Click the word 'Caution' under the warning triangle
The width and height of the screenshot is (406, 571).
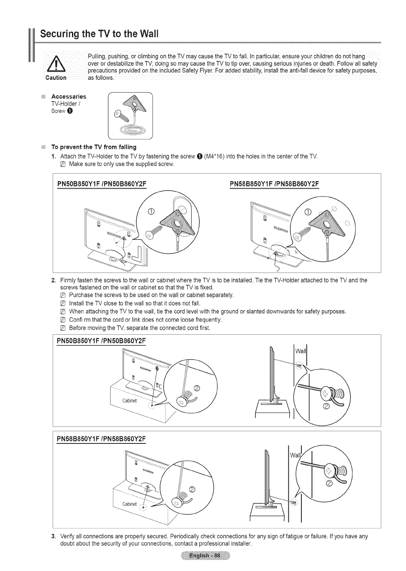tap(55, 78)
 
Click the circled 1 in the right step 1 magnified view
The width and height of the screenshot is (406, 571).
tap(308, 213)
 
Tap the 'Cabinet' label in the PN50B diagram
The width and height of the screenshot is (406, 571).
tap(129, 401)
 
